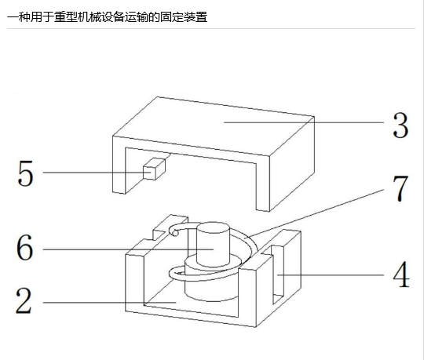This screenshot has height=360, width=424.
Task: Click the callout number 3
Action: point(400,125)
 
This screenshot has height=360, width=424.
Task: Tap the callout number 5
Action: point(25,173)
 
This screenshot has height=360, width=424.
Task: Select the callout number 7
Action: point(400,188)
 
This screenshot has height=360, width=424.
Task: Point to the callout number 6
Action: point(24,247)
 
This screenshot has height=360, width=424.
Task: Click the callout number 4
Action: point(401,275)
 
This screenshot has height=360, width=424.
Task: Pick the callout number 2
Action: point(24,300)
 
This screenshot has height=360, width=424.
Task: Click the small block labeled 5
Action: point(154,169)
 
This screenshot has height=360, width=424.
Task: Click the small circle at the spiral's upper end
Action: point(176,233)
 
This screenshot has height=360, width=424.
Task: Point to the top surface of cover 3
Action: point(214,126)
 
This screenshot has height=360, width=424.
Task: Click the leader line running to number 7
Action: point(314,213)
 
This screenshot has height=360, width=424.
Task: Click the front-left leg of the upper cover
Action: point(119,165)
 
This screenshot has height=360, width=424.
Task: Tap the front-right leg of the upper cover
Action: point(263,184)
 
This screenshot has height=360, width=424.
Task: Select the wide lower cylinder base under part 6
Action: point(212,281)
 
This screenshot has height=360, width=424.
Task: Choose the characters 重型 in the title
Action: point(66,17)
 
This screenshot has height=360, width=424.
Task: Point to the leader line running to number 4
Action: point(331,275)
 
